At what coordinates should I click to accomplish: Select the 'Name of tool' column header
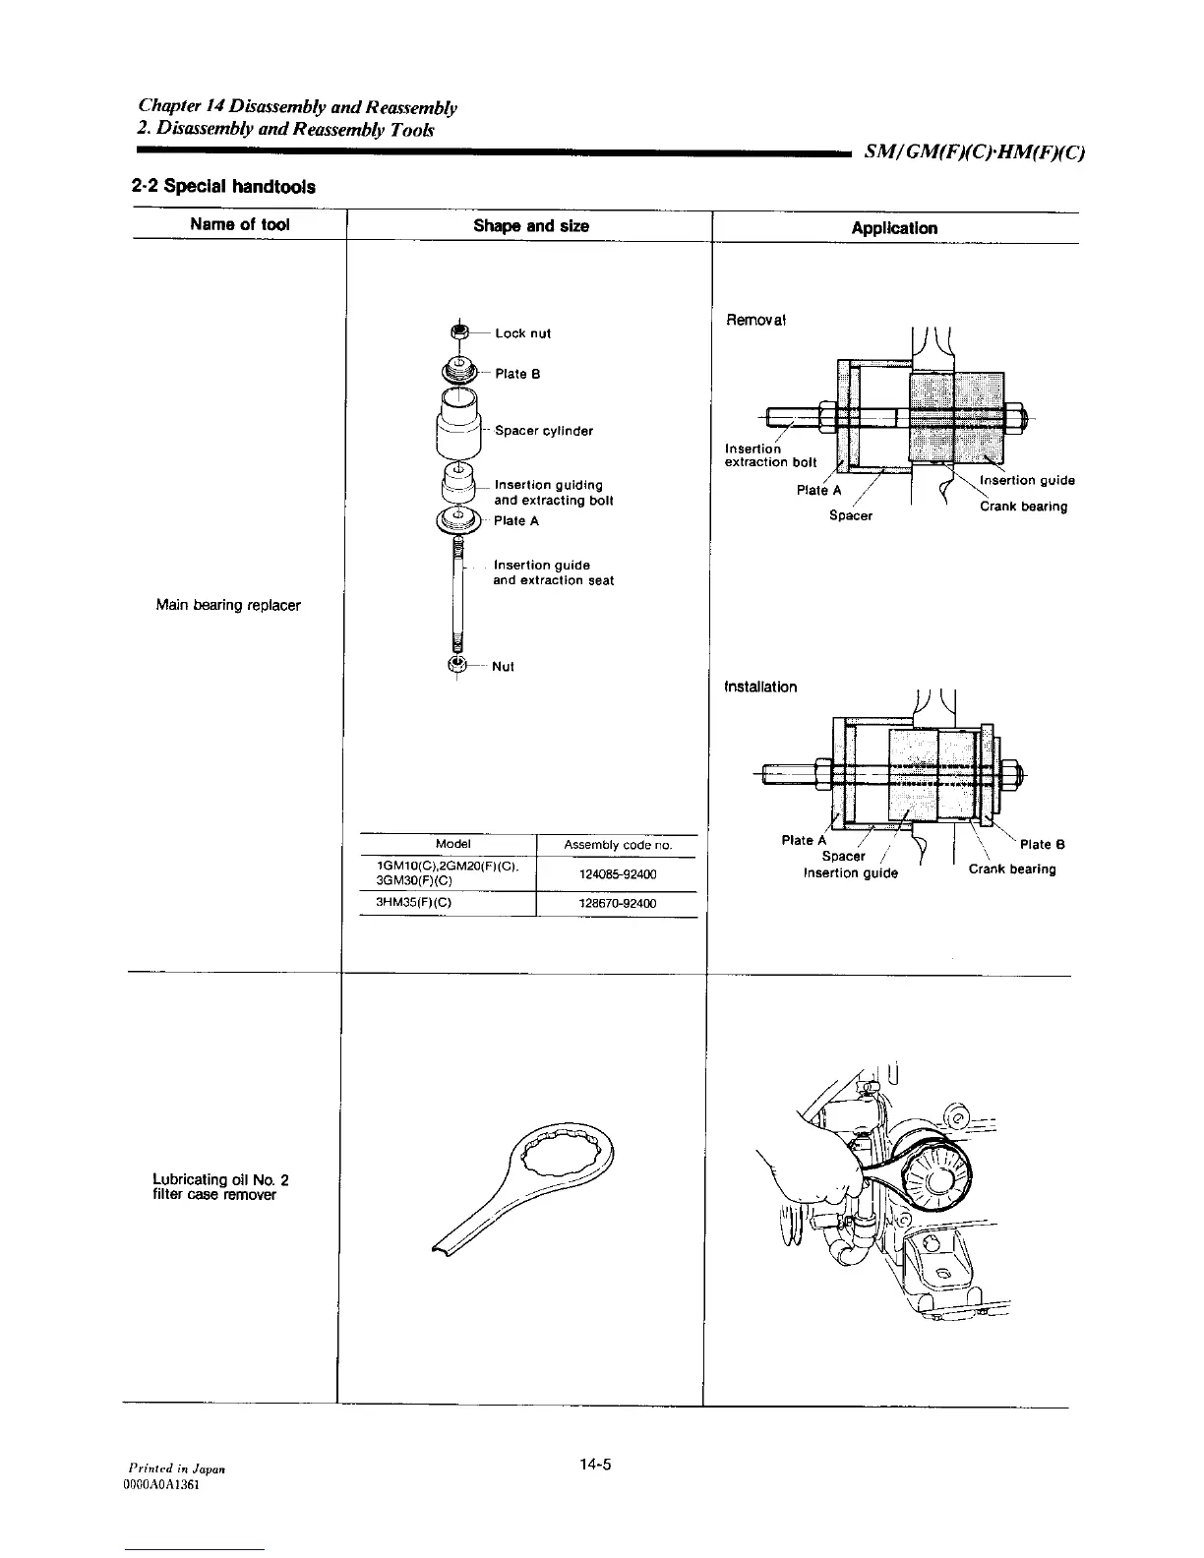tap(240, 224)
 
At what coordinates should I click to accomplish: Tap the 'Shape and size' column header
tap(531, 226)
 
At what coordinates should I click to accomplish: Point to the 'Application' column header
tap(893, 228)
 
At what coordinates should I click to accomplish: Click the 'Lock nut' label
tap(522, 333)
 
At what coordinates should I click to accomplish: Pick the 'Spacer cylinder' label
tap(544, 431)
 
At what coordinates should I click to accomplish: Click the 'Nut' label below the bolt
tap(503, 667)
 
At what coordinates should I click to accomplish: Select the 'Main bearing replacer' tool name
tap(228, 605)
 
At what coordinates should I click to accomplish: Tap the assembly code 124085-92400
tap(617, 874)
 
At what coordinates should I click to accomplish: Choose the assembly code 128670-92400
tap(617, 903)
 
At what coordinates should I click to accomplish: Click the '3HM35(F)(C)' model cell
tap(408, 902)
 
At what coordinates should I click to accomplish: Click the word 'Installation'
tap(759, 687)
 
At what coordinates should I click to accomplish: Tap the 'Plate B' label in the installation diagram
tap(1042, 845)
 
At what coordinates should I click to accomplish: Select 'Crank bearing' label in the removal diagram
tap(1023, 507)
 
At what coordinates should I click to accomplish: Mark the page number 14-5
tap(595, 1465)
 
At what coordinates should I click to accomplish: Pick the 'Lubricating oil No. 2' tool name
tap(220, 1180)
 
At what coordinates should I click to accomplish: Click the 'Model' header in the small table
tap(452, 844)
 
